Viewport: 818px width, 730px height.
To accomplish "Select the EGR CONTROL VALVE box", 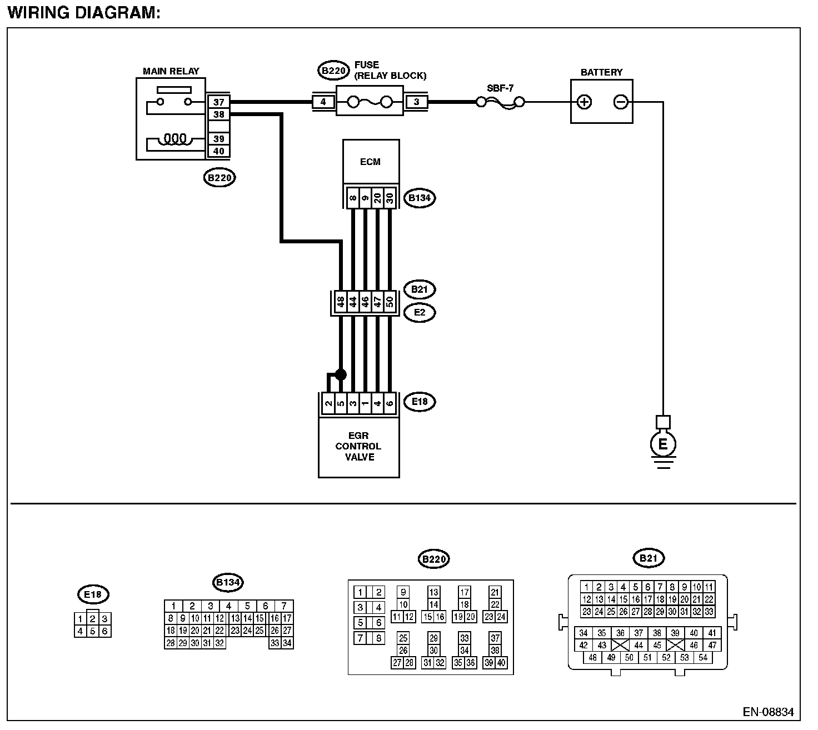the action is tap(358, 447).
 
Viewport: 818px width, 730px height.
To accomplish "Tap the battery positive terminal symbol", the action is tap(584, 102).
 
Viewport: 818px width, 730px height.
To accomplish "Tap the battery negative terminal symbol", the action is tap(621, 102).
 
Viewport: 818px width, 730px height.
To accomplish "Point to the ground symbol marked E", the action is tap(663, 444).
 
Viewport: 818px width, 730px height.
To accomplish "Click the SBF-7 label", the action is tap(500, 88).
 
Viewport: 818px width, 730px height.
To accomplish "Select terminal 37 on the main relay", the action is tap(218, 102).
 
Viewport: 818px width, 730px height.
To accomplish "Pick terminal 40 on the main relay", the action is tap(218, 151).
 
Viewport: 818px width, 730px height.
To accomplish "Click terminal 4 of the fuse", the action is tap(323, 102).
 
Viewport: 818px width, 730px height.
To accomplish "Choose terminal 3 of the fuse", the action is tap(416, 102).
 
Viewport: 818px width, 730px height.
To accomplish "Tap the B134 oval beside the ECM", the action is tap(420, 198).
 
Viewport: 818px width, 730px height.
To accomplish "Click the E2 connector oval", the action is tap(420, 312).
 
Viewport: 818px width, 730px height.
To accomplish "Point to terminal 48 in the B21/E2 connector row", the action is tap(341, 302).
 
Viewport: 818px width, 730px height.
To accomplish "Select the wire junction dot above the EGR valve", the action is tap(341, 374).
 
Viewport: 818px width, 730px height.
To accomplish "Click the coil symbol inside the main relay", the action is tap(175, 139).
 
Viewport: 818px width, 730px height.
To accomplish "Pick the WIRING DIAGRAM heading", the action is tap(84, 13).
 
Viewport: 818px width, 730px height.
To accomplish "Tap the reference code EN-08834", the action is tap(768, 712).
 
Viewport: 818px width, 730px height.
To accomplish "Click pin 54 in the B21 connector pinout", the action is tap(703, 657).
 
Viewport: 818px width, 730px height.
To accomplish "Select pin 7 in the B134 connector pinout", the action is tap(284, 606).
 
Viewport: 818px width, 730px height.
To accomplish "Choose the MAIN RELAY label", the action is tap(171, 71).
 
